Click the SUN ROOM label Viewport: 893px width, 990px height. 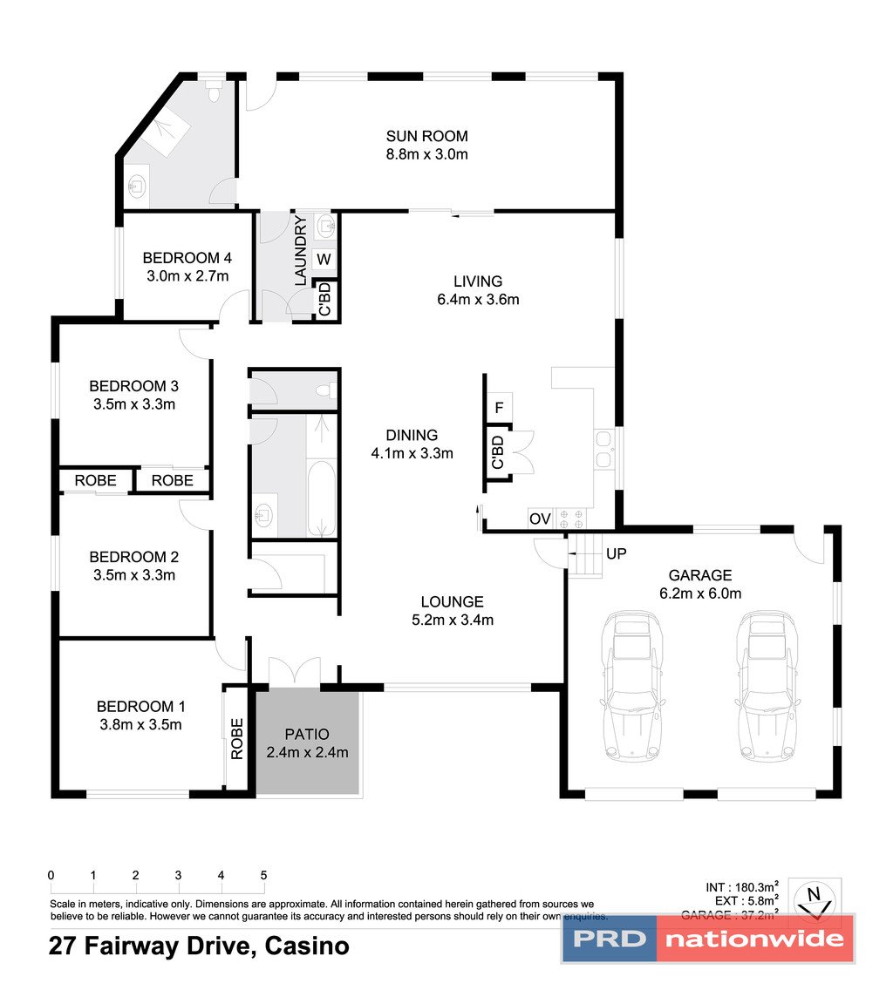[427, 136]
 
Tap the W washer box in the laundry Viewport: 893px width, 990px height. [324, 259]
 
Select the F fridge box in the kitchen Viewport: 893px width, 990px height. [499, 407]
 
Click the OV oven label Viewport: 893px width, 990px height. [540, 519]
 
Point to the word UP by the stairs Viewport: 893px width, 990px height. [616, 553]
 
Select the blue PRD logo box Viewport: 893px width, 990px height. [609, 939]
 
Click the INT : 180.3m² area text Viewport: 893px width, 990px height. [742, 887]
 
